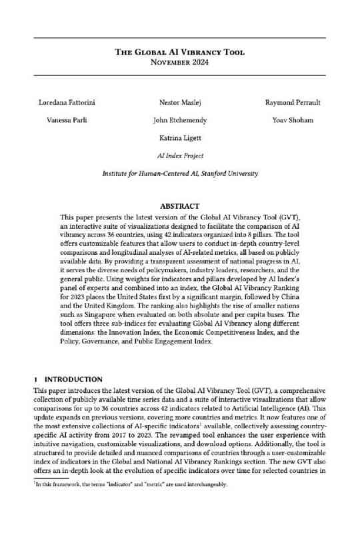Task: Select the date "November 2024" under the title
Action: point(179,63)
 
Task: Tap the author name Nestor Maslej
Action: point(179,103)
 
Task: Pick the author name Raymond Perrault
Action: point(293,103)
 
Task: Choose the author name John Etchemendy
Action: point(179,121)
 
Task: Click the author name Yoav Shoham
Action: point(293,121)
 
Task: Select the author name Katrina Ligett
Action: point(179,139)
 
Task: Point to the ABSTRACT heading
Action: point(179,207)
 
